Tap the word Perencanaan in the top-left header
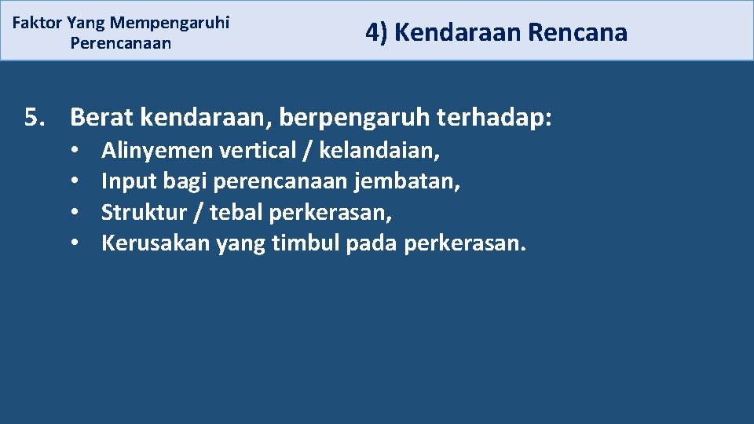click(120, 42)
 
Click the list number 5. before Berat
click(35, 118)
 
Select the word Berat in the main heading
click(97, 118)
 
